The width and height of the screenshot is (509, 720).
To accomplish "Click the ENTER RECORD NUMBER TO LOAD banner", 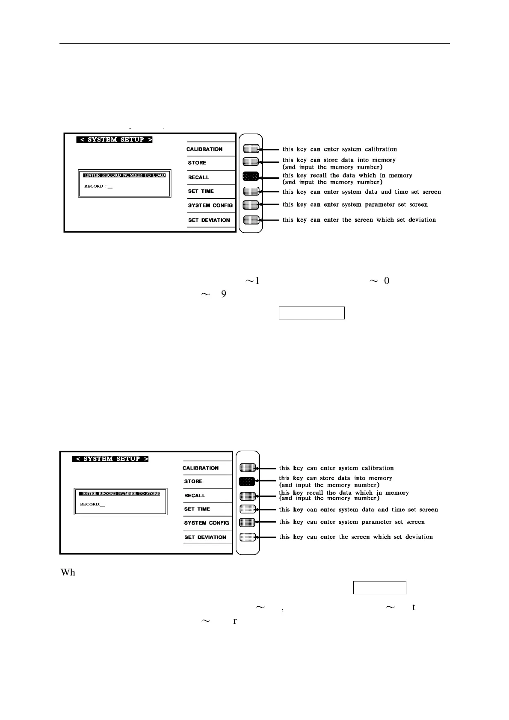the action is pyautogui.click(x=124, y=175).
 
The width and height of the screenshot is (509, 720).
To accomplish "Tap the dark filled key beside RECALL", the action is pyautogui.click(x=251, y=176).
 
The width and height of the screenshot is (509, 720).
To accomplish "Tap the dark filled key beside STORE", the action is pyautogui.click(x=247, y=481).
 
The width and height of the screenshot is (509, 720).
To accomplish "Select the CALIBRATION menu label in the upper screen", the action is pyautogui.click(x=204, y=149).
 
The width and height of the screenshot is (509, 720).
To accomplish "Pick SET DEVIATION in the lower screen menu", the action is pyautogui.click(x=205, y=537).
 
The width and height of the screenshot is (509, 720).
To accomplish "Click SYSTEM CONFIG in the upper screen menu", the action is pyautogui.click(x=210, y=206).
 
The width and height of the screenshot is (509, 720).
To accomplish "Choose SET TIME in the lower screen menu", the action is pyautogui.click(x=197, y=509).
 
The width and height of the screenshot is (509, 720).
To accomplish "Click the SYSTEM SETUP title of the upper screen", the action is pyautogui.click(x=115, y=140).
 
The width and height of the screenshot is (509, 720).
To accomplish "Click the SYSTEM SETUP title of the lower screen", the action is pyautogui.click(x=111, y=459).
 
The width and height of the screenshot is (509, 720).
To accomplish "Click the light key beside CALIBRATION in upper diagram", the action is pyautogui.click(x=251, y=149).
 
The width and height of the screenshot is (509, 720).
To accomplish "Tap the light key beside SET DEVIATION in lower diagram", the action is pyautogui.click(x=248, y=537).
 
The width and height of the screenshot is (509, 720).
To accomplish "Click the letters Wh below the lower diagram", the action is pyautogui.click(x=68, y=572).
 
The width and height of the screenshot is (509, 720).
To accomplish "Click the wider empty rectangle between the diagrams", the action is pyautogui.click(x=311, y=313).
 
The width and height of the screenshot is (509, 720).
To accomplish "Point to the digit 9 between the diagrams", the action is pyautogui.click(x=224, y=294).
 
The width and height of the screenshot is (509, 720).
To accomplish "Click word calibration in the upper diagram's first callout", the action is pyautogui.click(x=381, y=149).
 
